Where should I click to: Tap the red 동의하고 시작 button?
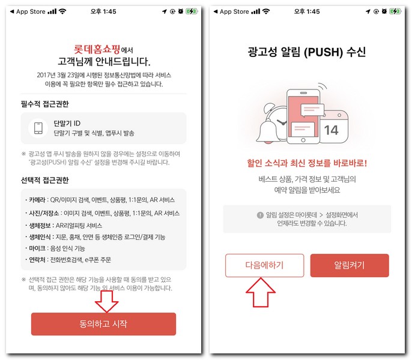(103, 324)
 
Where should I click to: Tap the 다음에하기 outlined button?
(265, 265)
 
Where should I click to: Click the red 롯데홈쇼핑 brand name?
(97, 49)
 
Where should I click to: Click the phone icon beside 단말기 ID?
(38, 128)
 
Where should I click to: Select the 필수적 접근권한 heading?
(44, 104)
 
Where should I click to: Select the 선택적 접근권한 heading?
(44, 180)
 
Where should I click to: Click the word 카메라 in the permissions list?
(37, 200)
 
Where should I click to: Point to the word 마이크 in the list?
(37, 248)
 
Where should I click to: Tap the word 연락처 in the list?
(37, 260)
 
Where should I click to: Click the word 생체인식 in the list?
(40, 237)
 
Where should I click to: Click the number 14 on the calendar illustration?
(331, 130)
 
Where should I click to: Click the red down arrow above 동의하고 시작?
(107, 301)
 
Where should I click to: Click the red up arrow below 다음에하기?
(261, 292)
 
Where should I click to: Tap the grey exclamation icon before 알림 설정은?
(260, 215)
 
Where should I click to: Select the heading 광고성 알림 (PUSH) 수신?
(307, 52)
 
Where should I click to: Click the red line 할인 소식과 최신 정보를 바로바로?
(307, 163)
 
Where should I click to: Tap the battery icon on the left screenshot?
(192, 11)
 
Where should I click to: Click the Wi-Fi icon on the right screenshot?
(266, 11)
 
